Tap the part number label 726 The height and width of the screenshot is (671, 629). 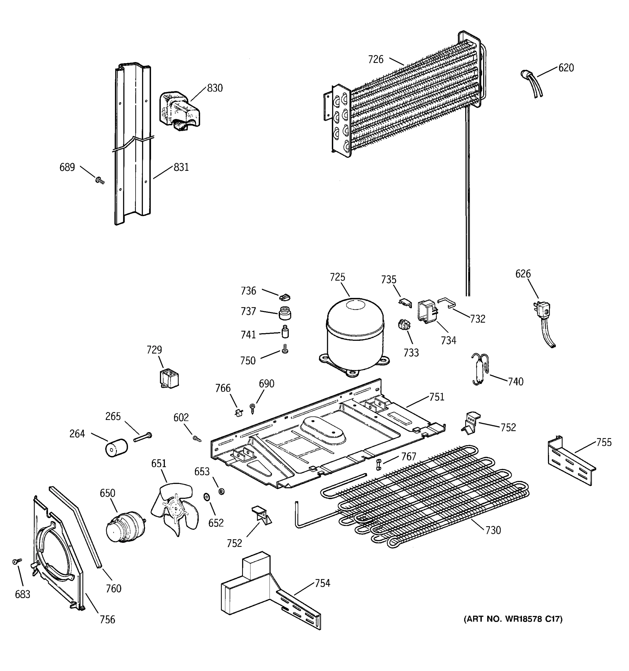pyautogui.click(x=375, y=59)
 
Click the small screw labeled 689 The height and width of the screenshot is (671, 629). pyautogui.click(x=100, y=181)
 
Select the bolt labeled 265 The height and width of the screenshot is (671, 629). pyautogui.click(x=143, y=437)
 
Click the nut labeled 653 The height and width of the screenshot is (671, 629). pyautogui.click(x=221, y=491)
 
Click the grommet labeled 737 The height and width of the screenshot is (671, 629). pyautogui.click(x=285, y=313)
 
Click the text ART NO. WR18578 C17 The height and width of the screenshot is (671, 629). pyautogui.click(x=513, y=619)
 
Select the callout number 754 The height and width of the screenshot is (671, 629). pyautogui.click(x=322, y=583)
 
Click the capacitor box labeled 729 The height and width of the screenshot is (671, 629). pyautogui.click(x=169, y=378)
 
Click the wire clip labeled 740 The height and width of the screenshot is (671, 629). pyautogui.click(x=480, y=369)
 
